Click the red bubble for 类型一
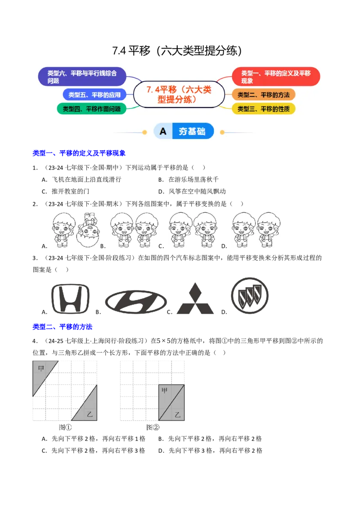(275, 76)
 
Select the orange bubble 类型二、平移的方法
(264, 95)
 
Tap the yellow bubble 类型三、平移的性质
(264, 109)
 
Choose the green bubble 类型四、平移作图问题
(91, 109)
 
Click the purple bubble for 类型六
(82, 77)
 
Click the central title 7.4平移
(179, 94)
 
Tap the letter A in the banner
(163, 131)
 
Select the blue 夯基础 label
(192, 131)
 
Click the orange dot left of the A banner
(144, 132)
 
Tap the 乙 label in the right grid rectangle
(178, 415)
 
